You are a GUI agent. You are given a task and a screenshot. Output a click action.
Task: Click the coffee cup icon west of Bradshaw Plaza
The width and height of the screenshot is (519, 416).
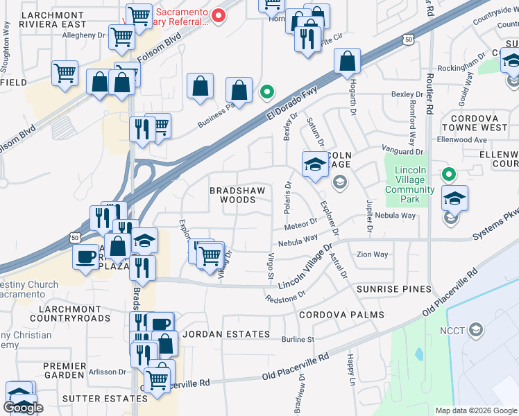point(86,257)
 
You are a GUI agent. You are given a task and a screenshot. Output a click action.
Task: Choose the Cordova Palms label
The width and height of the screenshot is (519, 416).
point(341,315)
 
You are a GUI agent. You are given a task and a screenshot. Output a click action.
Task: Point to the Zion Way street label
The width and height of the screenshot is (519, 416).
point(372,254)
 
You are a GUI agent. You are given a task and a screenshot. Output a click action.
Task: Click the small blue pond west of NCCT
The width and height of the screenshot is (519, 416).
point(420,354)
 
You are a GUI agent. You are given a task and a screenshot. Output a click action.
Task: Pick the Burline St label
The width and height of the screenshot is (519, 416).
point(298,340)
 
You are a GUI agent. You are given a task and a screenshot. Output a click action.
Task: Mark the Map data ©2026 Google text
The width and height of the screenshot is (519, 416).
point(475,410)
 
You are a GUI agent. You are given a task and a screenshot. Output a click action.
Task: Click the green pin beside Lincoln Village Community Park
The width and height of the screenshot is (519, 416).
point(449,175)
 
